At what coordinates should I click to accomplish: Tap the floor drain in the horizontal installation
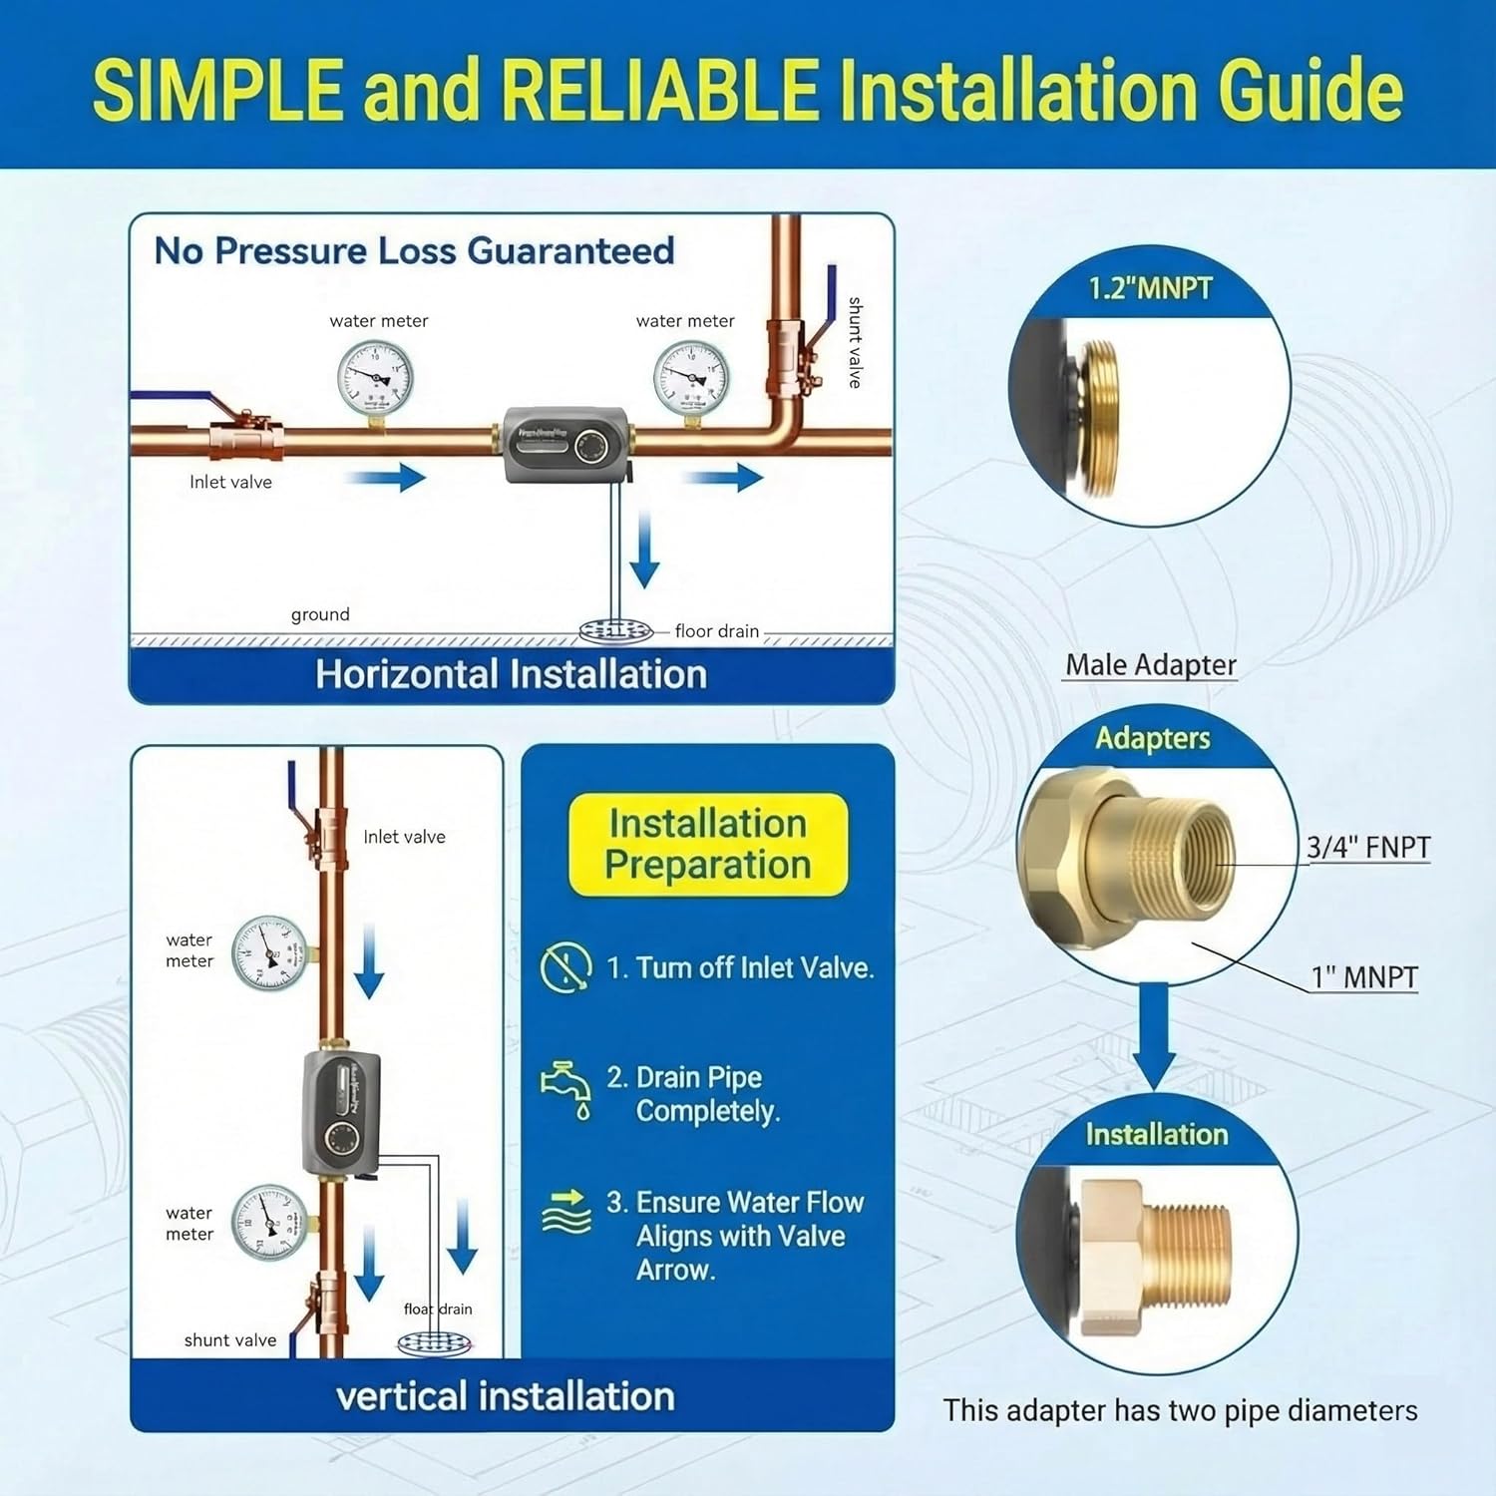[615, 631]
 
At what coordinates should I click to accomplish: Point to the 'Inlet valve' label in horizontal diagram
[230, 482]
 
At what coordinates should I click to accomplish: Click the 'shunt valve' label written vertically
[855, 342]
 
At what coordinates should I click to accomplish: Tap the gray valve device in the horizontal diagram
[565, 444]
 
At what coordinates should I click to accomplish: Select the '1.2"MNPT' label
[1150, 289]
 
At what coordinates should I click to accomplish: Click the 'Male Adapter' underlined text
[1150, 664]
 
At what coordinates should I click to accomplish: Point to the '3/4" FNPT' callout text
[1368, 847]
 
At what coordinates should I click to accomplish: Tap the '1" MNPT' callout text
[1363, 977]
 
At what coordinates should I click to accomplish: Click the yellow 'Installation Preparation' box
[707, 844]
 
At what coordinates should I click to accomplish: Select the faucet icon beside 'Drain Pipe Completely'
[566, 1090]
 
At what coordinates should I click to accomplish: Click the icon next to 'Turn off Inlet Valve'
[565, 966]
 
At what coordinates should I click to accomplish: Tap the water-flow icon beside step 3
[565, 1212]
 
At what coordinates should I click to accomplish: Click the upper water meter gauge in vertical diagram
[269, 952]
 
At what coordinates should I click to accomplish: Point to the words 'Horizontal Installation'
[511, 675]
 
